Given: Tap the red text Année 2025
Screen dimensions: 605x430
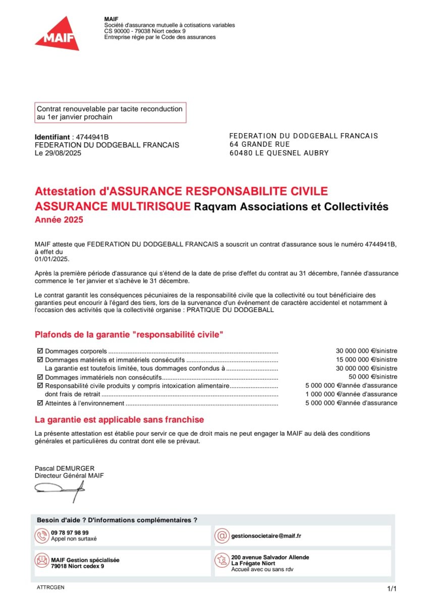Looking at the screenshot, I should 59,220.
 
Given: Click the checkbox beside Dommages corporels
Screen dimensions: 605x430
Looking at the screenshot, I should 40,351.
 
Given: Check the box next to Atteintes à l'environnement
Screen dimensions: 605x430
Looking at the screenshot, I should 40,403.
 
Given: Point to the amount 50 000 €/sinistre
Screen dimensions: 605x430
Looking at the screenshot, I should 372,377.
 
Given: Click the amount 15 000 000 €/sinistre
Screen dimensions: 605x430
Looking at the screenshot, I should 366,360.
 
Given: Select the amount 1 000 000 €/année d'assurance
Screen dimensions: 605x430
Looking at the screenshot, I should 351,394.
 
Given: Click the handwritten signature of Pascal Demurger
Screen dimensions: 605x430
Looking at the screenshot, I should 60,489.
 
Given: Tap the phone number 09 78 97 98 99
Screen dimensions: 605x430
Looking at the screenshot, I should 70,532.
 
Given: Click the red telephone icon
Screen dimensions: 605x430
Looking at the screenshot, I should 41,535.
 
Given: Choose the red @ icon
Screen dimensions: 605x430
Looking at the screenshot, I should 221,535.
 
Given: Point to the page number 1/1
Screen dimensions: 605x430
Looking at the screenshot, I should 392,589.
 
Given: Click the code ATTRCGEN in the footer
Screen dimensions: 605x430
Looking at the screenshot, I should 50,588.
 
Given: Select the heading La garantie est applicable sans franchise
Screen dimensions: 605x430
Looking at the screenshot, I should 119,419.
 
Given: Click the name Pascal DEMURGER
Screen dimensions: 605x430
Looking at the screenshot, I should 58,468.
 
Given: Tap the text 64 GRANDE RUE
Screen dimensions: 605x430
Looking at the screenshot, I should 259,145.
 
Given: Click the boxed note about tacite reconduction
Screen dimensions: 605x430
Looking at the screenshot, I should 110,113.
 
